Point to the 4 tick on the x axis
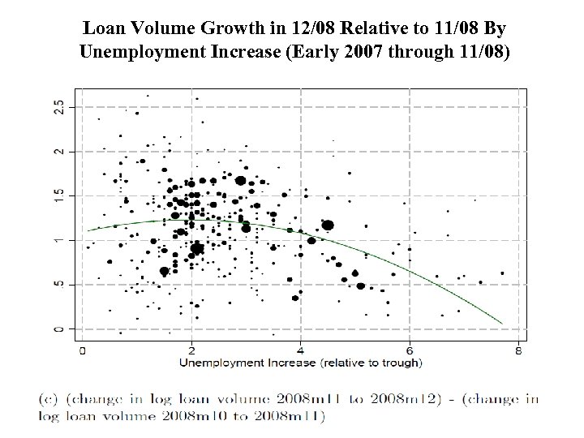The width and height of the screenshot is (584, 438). pos(300,350)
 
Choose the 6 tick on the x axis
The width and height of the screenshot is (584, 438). pos(410,350)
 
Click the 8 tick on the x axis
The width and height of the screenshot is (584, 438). pos(518,350)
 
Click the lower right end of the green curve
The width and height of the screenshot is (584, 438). pos(502,324)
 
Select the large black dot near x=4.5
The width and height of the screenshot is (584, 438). pos(328,225)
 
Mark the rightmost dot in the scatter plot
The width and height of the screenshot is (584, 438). pos(503,273)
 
